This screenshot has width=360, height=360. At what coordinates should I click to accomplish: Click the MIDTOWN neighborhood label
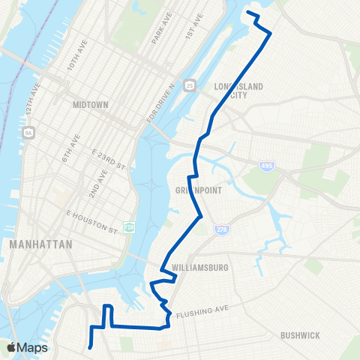click(92, 106)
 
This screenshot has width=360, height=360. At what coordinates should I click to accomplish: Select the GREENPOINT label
click(198, 190)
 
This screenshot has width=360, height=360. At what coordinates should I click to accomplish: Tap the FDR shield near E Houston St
click(128, 227)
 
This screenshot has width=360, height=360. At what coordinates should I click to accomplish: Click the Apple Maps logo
click(27, 347)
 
